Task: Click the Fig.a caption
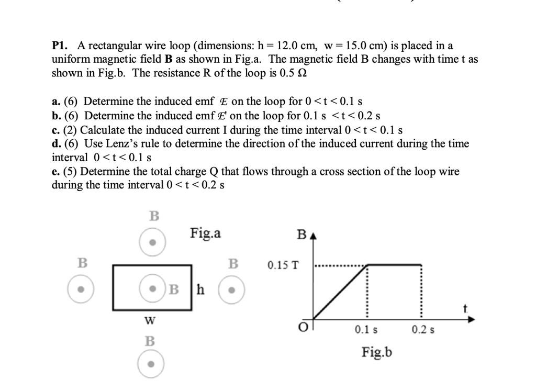point(206,232)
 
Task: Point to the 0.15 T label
point(283,265)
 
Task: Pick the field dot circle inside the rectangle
point(153,289)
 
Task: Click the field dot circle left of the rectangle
point(81,289)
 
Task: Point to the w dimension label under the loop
point(150,319)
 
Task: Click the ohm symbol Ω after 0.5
point(301,73)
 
